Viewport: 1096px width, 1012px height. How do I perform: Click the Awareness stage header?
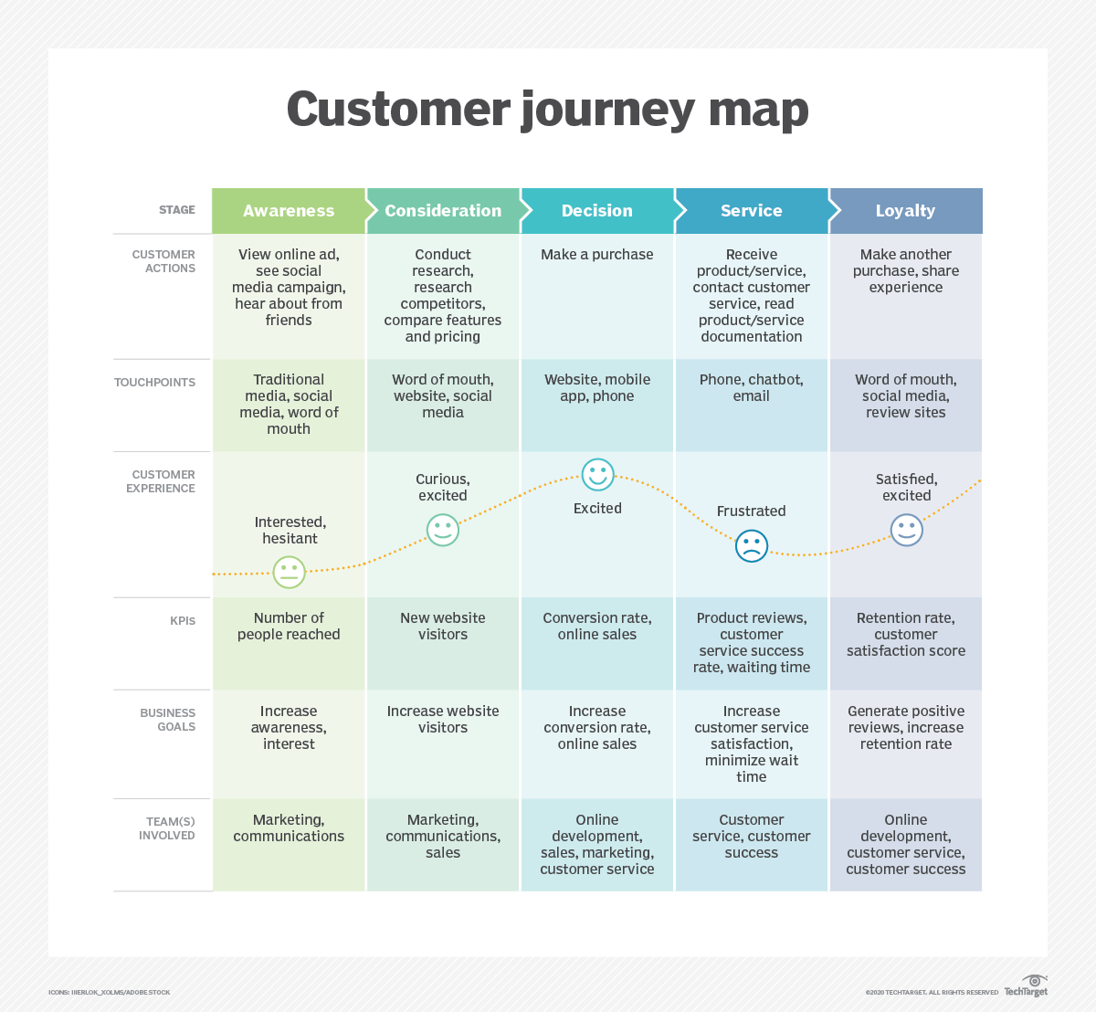point(289,211)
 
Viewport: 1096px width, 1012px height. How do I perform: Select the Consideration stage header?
point(443,211)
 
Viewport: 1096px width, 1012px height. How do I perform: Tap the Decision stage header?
point(596,211)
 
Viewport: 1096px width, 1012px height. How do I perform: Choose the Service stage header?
point(751,211)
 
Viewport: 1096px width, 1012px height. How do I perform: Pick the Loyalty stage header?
point(905,211)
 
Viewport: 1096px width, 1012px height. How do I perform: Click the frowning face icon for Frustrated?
point(752,546)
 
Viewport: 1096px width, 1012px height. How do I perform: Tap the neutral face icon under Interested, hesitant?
point(289,572)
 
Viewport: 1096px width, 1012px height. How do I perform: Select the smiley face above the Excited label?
point(598,475)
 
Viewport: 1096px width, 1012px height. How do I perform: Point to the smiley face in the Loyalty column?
point(907,530)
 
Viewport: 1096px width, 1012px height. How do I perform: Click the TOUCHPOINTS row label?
point(154,383)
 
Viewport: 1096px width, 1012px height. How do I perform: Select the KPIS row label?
point(183,621)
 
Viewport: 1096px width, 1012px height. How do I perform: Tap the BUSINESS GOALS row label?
point(167,720)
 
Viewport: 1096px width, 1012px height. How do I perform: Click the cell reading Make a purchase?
point(596,255)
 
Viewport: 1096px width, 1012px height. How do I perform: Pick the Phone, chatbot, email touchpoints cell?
point(751,388)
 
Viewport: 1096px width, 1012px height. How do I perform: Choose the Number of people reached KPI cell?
point(289,627)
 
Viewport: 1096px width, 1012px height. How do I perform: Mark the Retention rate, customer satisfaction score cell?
point(905,635)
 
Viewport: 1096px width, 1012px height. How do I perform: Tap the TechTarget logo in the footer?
point(1026,987)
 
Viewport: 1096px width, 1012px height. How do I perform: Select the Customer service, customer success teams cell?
point(751,837)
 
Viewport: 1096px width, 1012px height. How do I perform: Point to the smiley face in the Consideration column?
point(443,530)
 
